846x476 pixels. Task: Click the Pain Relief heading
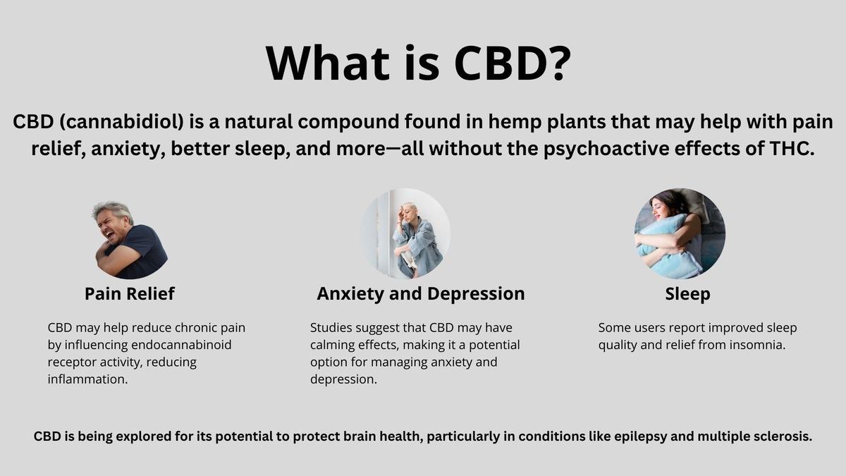pyautogui.click(x=130, y=293)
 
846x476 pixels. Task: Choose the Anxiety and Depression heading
pyautogui.click(x=421, y=294)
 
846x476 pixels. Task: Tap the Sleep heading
pyautogui.click(x=687, y=294)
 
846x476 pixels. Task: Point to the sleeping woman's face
pyautogui.click(x=662, y=209)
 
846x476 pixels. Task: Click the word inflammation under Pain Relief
pyautogui.click(x=87, y=379)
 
